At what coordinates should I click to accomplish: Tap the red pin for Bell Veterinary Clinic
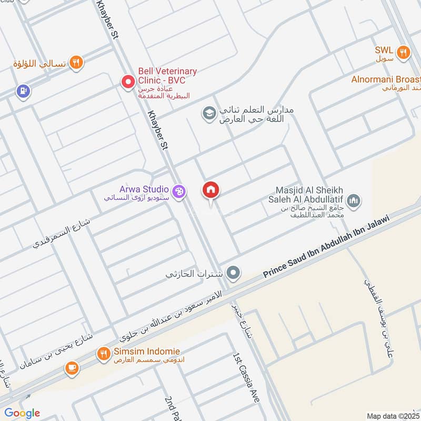coord(128,82)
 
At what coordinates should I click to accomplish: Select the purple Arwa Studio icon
coord(179,192)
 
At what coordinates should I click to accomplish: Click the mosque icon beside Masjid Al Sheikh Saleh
coord(354,199)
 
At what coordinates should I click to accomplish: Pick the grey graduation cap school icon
coord(209,113)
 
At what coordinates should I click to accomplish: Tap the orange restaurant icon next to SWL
coord(404,51)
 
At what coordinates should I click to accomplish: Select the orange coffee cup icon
coord(72,369)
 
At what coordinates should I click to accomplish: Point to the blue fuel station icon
coord(22,91)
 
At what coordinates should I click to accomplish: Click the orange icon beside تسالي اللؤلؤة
coord(77,63)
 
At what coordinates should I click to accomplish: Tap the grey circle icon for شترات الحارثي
coord(234,273)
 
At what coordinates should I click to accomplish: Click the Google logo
coord(22,413)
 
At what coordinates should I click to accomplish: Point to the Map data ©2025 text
coord(393,416)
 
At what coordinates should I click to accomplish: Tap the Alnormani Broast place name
coord(386,79)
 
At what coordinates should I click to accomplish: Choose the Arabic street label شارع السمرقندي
coord(62,233)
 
